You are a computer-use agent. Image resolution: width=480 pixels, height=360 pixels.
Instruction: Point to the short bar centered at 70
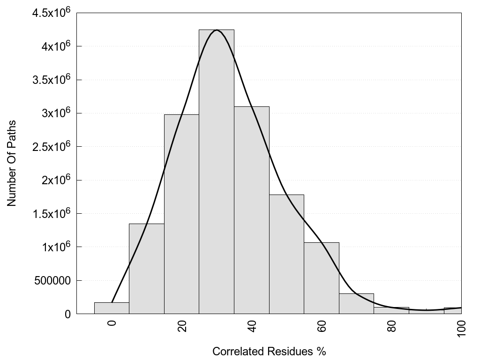[x=356, y=304]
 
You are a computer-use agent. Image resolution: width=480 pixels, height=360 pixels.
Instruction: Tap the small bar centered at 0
[x=112, y=308]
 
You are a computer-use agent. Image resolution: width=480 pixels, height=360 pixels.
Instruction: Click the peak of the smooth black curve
[x=217, y=30]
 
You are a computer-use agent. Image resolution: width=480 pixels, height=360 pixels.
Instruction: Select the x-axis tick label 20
[x=182, y=325]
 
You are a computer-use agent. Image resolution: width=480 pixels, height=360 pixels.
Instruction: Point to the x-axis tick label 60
[x=322, y=325]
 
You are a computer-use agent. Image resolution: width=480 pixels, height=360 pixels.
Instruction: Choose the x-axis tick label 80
[x=392, y=325]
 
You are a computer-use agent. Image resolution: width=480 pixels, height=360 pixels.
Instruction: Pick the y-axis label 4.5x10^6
[x=51, y=12]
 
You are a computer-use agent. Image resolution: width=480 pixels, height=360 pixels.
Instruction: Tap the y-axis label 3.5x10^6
[x=51, y=79]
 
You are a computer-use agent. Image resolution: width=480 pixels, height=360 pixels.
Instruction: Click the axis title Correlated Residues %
[x=269, y=351]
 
